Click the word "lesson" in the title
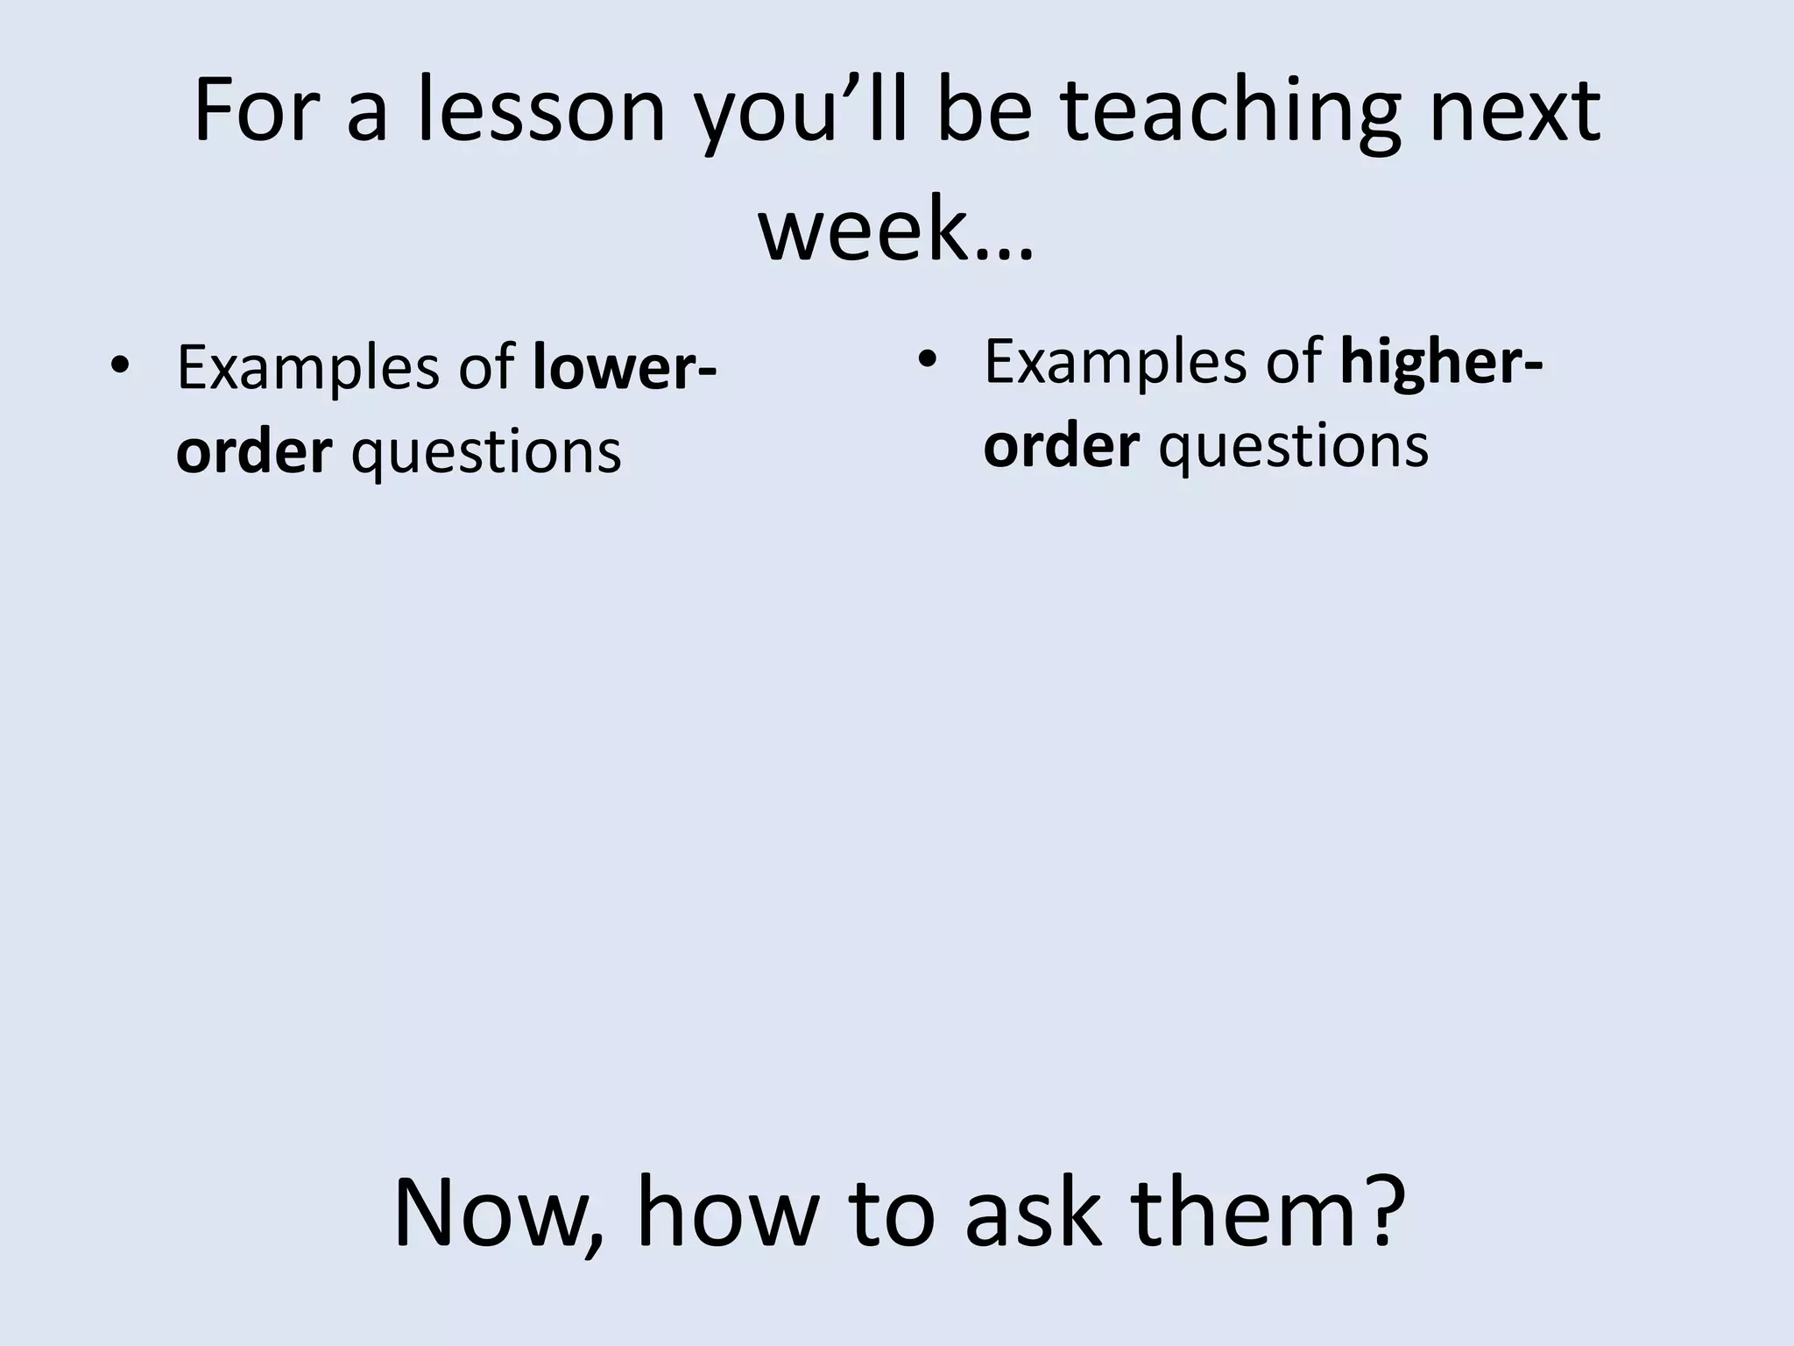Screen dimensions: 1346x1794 click(540, 111)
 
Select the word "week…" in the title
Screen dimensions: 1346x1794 click(896, 230)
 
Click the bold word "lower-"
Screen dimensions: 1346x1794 click(625, 368)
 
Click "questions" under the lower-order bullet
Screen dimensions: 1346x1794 click(486, 452)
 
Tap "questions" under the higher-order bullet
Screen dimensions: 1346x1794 click(1293, 445)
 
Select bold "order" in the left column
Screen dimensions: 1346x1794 click(254, 452)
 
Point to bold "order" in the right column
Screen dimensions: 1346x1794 click(1061, 445)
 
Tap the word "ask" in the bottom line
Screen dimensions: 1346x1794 click(1032, 1214)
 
